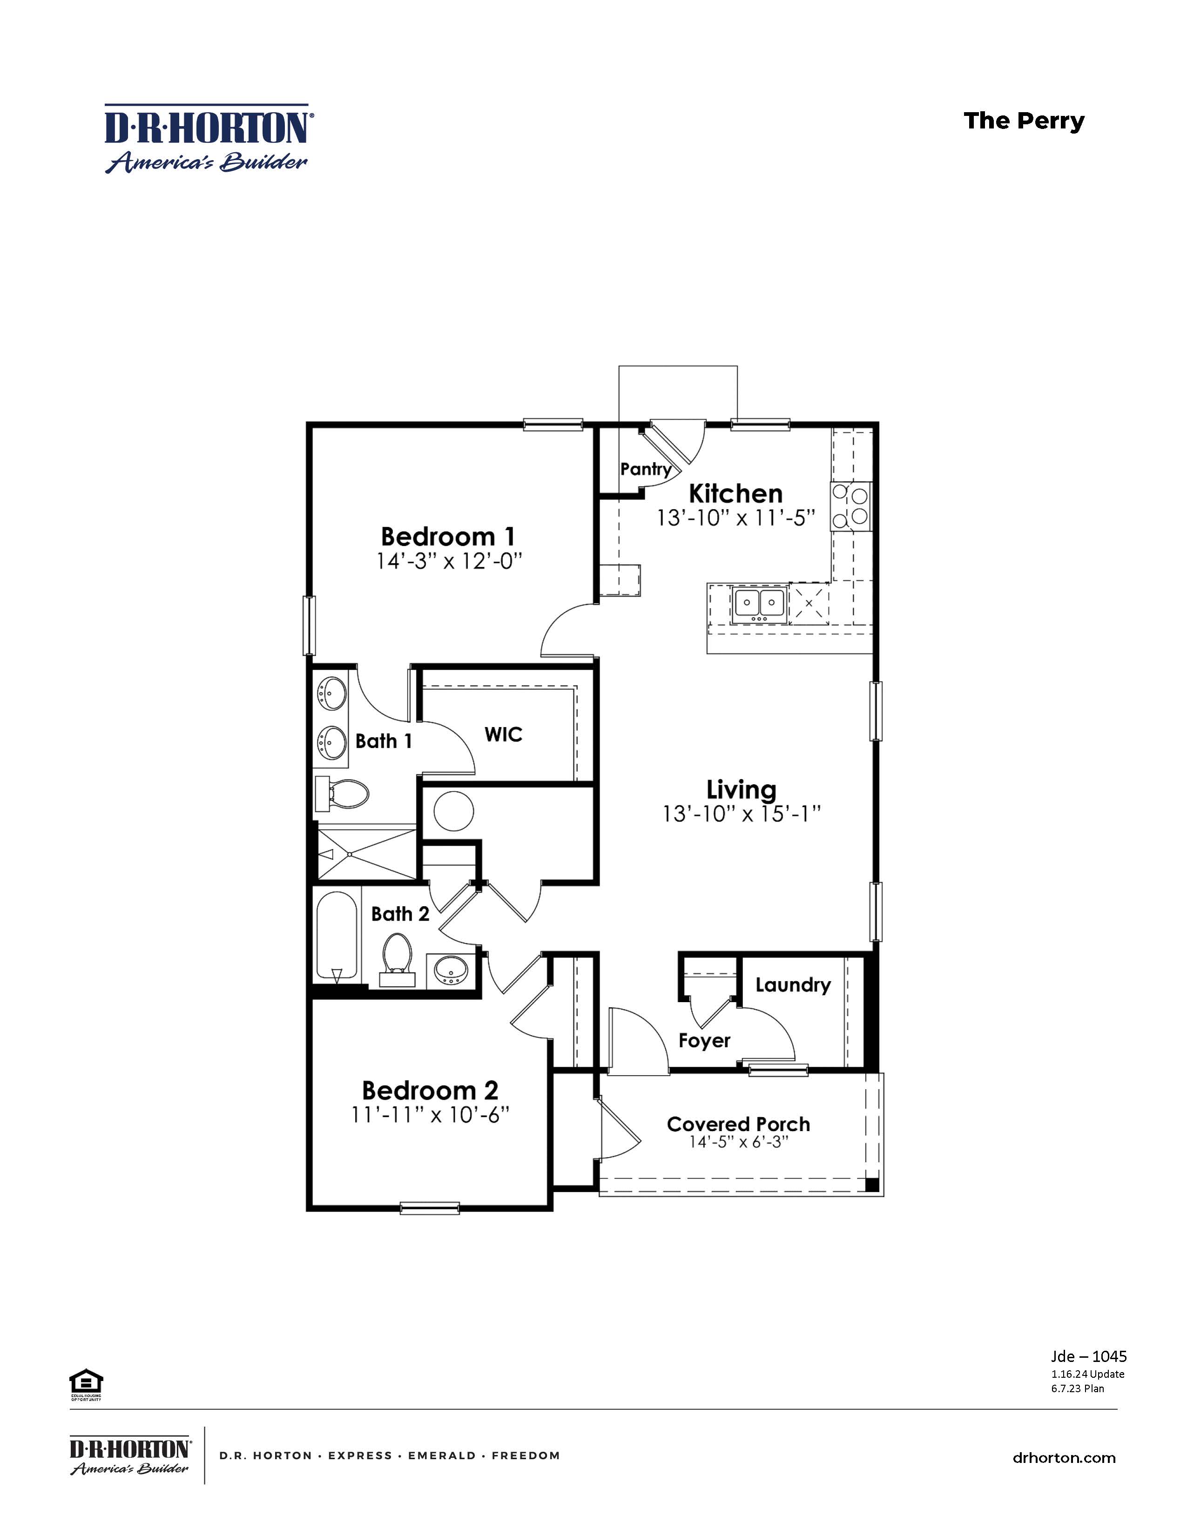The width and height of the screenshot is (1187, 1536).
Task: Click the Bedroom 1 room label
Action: (x=448, y=537)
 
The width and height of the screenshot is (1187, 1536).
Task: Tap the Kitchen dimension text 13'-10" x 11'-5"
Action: (x=735, y=519)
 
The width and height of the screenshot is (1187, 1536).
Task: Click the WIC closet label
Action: (x=504, y=735)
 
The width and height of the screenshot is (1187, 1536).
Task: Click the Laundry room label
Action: (x=793, y=984)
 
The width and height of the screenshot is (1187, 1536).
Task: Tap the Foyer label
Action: (x=705, y=1040)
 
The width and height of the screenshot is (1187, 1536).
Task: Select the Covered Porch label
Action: (x=738, y=1124)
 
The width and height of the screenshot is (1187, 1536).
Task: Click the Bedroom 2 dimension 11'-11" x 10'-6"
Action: (x=430, y=1115)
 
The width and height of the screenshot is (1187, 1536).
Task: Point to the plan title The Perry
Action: (x=1024, y=121)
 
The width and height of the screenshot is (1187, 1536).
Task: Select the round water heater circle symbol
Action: (x=453, y=811)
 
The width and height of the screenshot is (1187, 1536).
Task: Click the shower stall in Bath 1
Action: (x=366, y=853)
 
